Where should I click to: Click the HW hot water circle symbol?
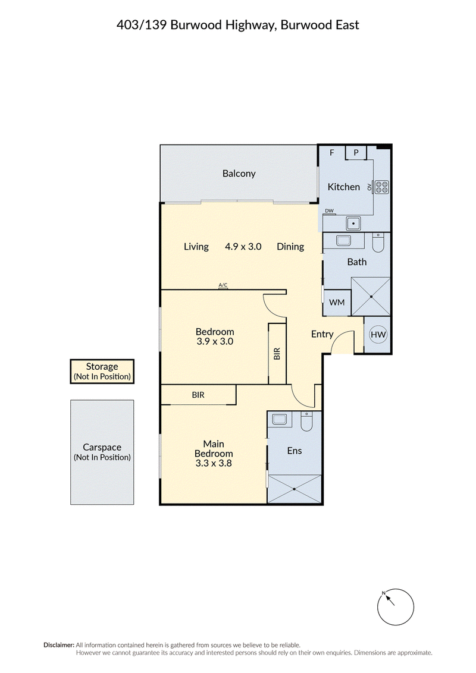click(x=378, y=334)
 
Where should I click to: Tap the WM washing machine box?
click(x=337, y=302)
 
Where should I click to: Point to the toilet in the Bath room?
click(x=378, y=243)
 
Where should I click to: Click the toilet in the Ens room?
click(x=306, y=422)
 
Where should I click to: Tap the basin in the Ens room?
click(x=280, y=419)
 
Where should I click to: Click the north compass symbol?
click(x=395, y=607)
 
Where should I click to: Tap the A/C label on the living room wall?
click(x=223, y=285)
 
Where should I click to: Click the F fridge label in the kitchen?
click(x=332, y=152)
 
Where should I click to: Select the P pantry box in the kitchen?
click(x=356, y=152)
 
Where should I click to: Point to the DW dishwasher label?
click(x=329, y=210)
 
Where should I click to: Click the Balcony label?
click(x=239, y=174)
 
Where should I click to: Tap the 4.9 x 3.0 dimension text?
click(x=243, y=246)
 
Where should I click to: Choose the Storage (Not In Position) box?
click(x=102, y=371)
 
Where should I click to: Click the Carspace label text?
click(x=102, y=447)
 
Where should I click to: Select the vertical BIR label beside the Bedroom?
click(x=277, y=354)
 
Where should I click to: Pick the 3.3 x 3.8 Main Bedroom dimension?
click(x=214, y=463)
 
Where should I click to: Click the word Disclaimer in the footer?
click(x=59, y=644)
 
